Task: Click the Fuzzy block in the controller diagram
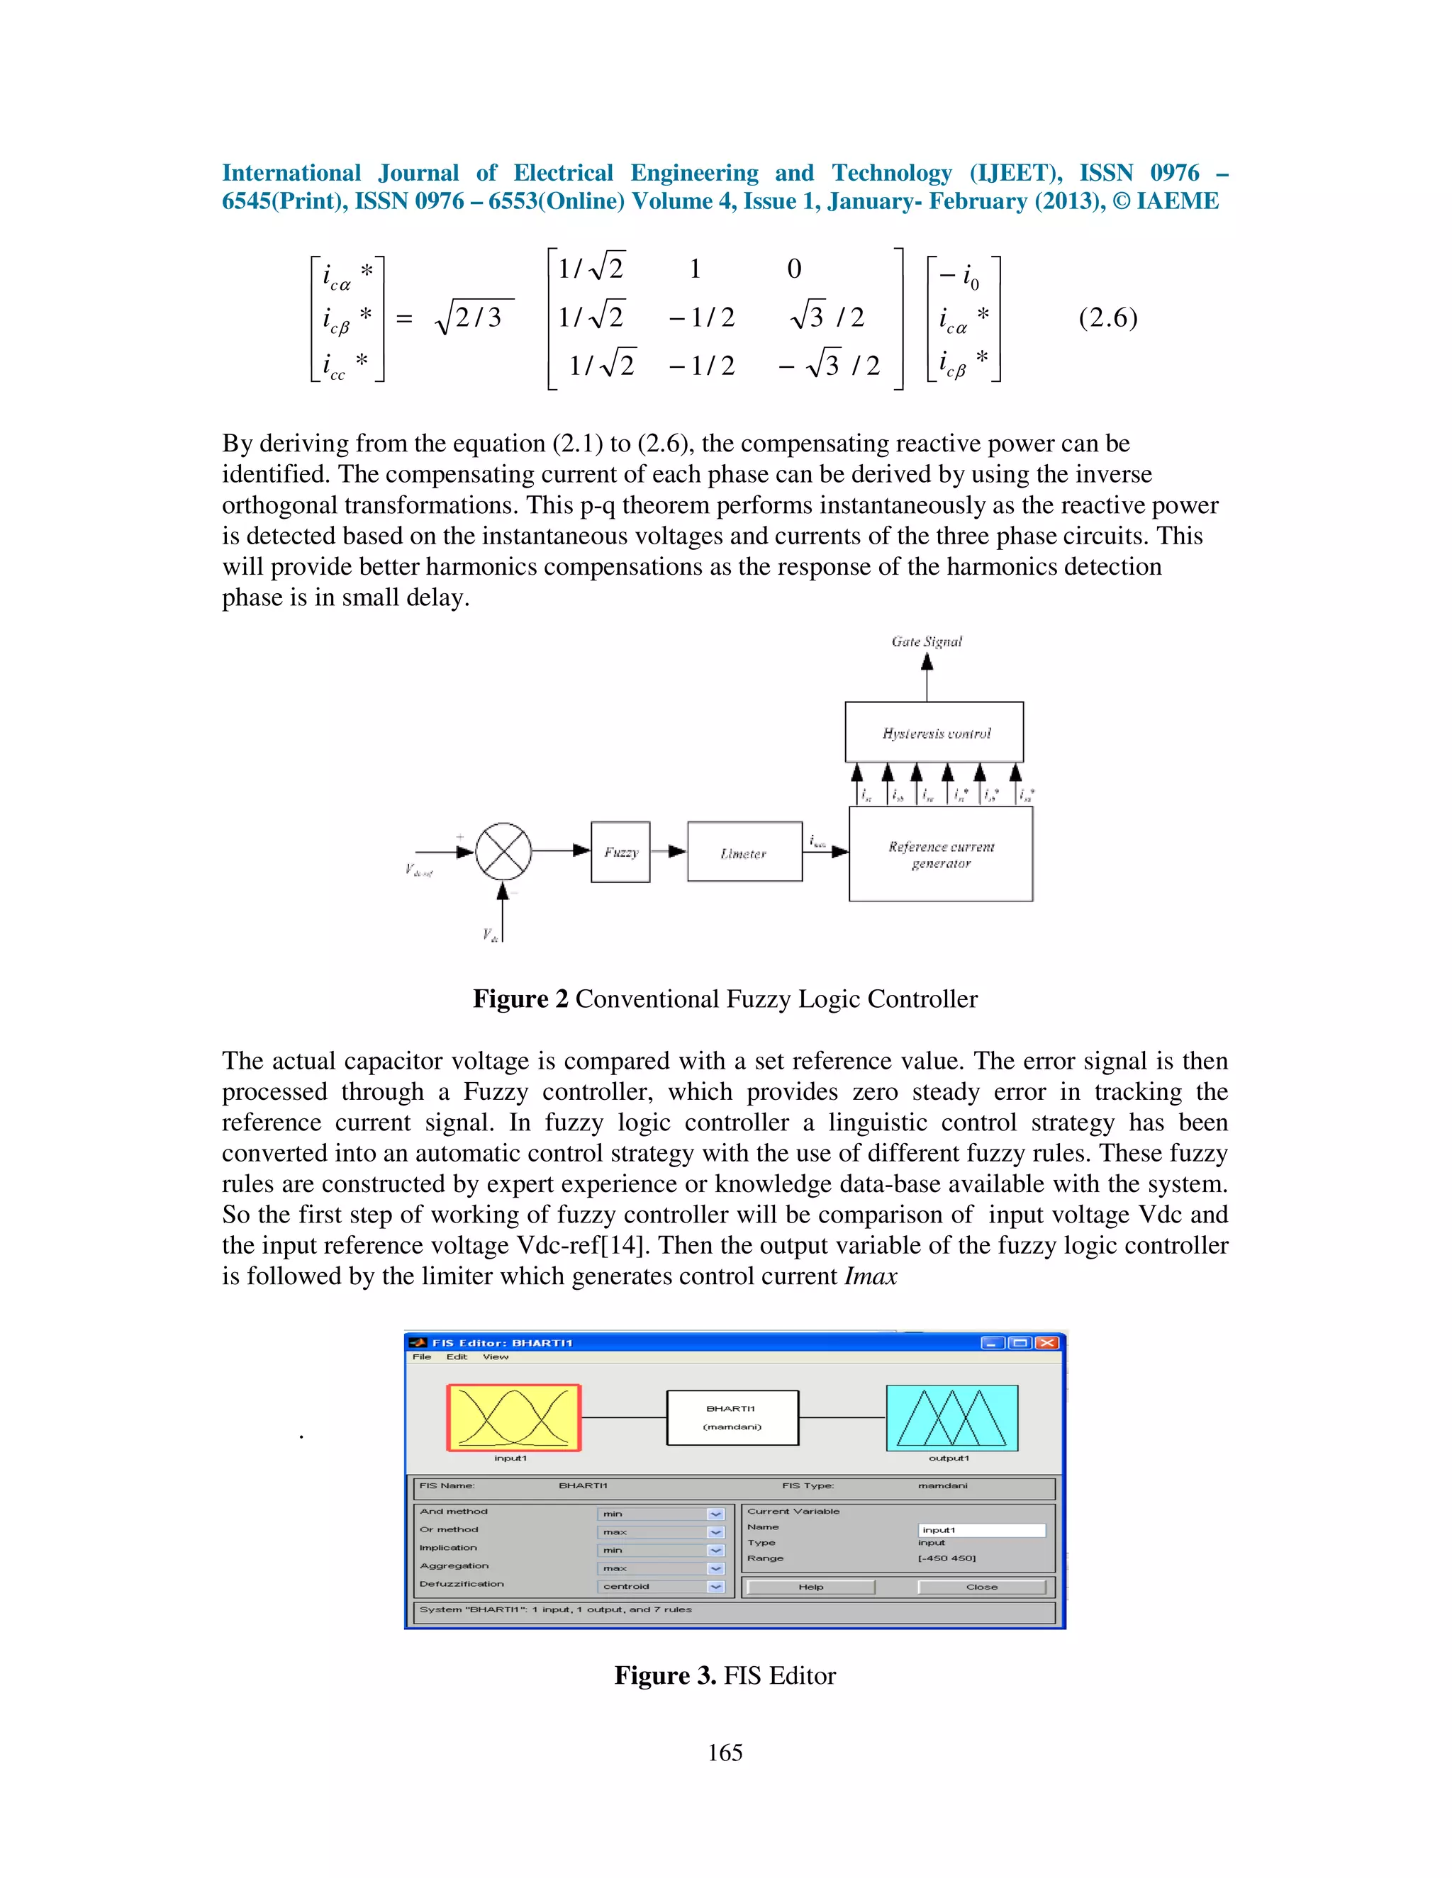click(620, 851)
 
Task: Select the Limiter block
click(744, 852)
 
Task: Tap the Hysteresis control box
click(934, 733)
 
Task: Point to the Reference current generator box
click(940, 854)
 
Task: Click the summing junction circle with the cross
click(503, 851)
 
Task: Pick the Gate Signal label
click(927, 641)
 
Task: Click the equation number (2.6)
click(1108, 317)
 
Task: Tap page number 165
click(725, 1753)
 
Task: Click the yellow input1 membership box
click(513, 1418)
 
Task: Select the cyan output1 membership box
click(951, 1418)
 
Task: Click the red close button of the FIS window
click(1047, 1343)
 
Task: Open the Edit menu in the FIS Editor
click(457, 1357)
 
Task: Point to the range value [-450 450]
click(947, 1558)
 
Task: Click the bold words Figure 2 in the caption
click(520, 999)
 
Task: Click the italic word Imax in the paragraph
click(871, 1276)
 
